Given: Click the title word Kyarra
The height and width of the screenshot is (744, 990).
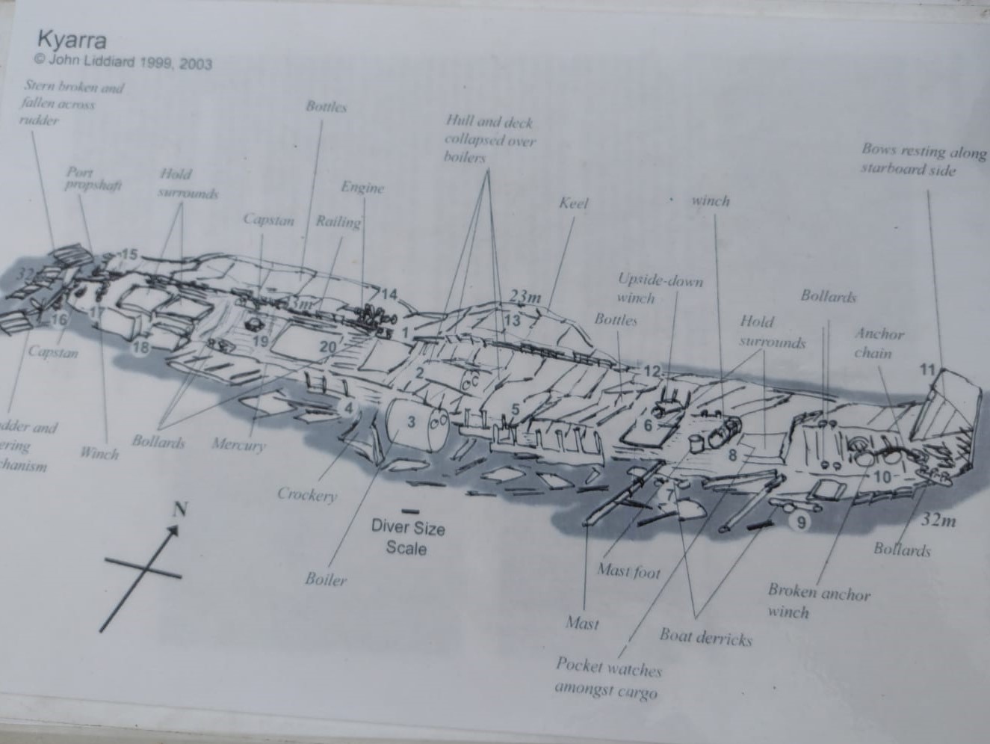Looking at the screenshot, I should (72, 39).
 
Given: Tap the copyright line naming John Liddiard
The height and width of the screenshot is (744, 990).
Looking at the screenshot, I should (123, 61).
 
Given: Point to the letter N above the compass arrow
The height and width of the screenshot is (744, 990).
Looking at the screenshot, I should (179, 510).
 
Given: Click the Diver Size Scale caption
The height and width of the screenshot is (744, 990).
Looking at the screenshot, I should (407, 538).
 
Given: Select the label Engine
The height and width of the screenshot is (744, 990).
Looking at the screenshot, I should (362, 187).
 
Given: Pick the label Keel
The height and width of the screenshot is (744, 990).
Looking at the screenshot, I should (574, 203).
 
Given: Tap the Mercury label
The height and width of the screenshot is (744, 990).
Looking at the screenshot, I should (238, 445).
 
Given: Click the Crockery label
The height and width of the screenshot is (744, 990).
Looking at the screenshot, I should (307, 494).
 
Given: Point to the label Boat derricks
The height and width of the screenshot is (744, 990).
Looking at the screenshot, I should (705, 637).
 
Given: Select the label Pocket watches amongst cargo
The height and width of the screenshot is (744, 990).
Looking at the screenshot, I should (607, 677).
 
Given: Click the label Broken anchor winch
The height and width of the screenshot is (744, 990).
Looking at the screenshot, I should (818, 602).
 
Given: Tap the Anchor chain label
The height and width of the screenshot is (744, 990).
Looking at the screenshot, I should (879, 342).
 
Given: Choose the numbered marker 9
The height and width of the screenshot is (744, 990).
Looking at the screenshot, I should (801, 522).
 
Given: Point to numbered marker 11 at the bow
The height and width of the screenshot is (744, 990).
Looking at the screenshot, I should (927, 369).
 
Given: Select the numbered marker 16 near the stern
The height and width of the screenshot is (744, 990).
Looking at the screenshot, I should (59, 320).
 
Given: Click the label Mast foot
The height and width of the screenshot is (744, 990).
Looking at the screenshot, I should (628, 572).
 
